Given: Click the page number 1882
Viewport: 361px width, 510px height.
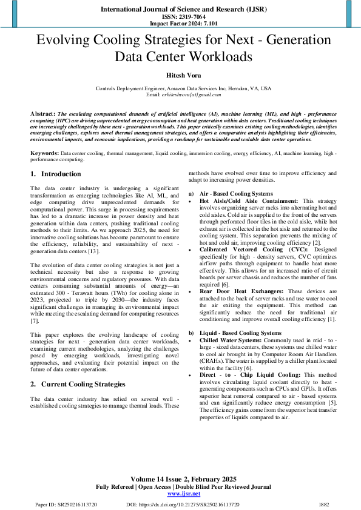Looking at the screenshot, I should click(323, 504).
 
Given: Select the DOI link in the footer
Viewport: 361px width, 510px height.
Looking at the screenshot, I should click(183, 504).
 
